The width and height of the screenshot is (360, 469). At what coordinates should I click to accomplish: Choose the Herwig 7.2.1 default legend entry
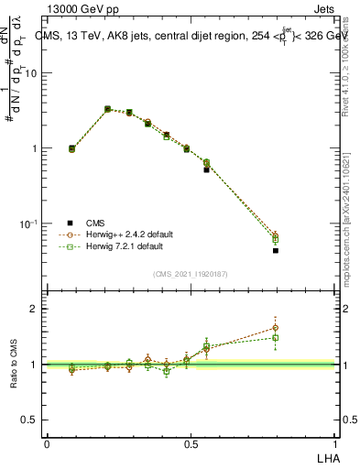(x=124, y=246)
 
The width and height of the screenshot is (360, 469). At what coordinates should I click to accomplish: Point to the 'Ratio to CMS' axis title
(x=14, y=365)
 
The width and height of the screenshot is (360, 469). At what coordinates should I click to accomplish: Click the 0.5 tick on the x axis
(x=191, y=443)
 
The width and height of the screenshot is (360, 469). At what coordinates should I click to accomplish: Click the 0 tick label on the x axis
(x=47, y=443)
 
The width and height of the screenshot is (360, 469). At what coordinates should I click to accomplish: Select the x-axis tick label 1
(x=334, y=443)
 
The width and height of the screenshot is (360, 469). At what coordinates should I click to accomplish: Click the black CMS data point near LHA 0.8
(x=275, y=250)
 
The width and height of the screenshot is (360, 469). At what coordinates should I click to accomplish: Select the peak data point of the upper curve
(x=108, y=109)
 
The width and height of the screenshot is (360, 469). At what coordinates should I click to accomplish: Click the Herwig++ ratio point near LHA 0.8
(x=275, y=327)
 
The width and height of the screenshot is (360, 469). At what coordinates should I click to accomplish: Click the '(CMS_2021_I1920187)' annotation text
(x=191, y=273)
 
